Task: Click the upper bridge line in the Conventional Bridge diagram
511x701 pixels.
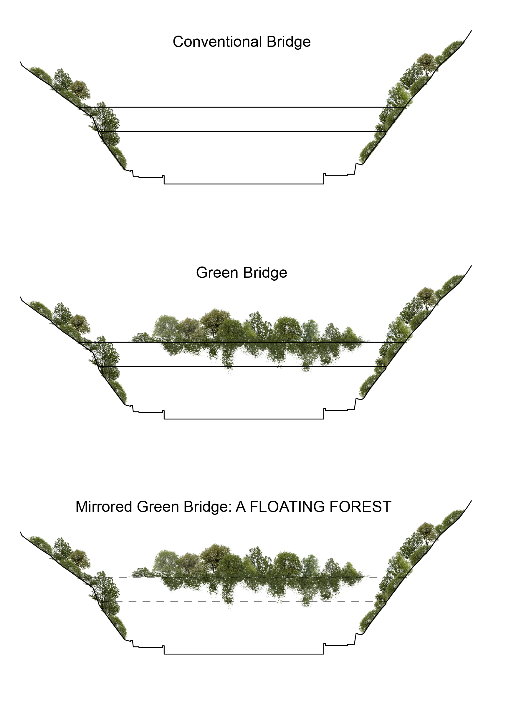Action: coord(242,107)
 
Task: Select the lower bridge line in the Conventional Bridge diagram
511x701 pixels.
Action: coord(242,131)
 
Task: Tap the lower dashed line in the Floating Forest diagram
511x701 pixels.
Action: coord(186,602)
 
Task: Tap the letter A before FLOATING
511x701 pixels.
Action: coord(241,507)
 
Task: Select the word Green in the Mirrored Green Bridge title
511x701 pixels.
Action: coord(158,507)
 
